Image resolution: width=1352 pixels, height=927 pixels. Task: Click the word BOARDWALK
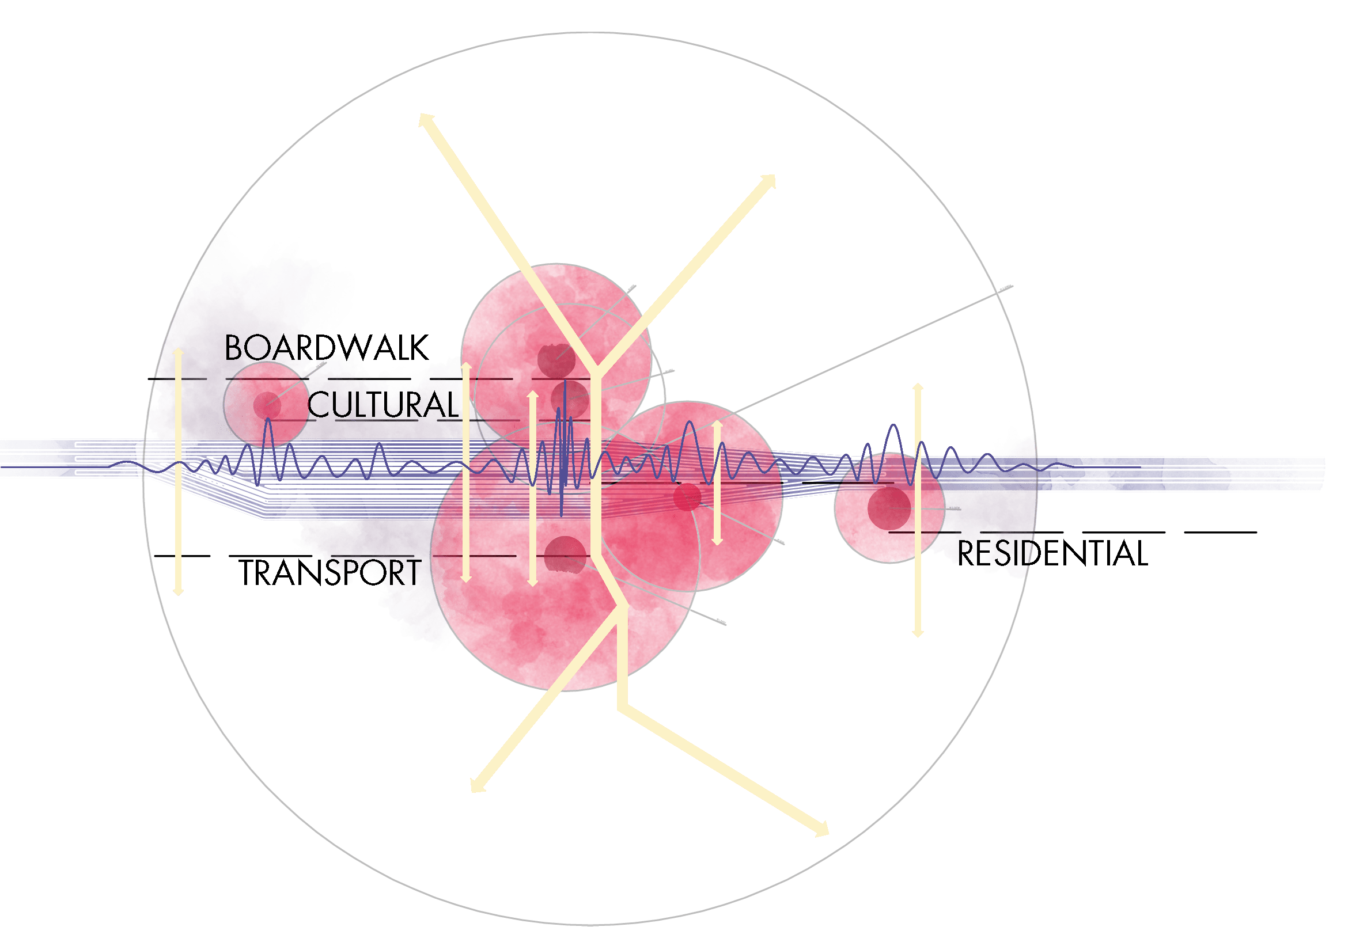click(x=327, y=348)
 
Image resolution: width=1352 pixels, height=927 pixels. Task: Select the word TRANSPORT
click(x=330, y=573)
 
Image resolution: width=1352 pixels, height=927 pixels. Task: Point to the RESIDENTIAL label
click(x=1052, y=553)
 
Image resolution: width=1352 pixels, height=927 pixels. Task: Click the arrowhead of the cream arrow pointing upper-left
click(x=425, y=120)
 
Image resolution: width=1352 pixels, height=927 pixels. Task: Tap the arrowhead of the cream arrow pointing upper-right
click(x=770, y=180)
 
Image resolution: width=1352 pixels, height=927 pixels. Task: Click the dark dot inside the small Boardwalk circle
click(x=267, y=404)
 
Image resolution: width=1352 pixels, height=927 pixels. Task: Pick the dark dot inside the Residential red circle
click(x=889, y=508)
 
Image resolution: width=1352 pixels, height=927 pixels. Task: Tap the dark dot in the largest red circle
click(x=565, y=555)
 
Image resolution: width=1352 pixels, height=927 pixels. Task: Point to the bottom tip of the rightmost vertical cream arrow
click(x=918, y=635)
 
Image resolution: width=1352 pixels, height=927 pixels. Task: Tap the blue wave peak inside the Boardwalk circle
click(x=268, y=420)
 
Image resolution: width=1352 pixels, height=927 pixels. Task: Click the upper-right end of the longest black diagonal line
click(x=1012, y=286)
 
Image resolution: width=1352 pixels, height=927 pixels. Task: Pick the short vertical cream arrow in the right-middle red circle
click(x=717, y=483)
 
